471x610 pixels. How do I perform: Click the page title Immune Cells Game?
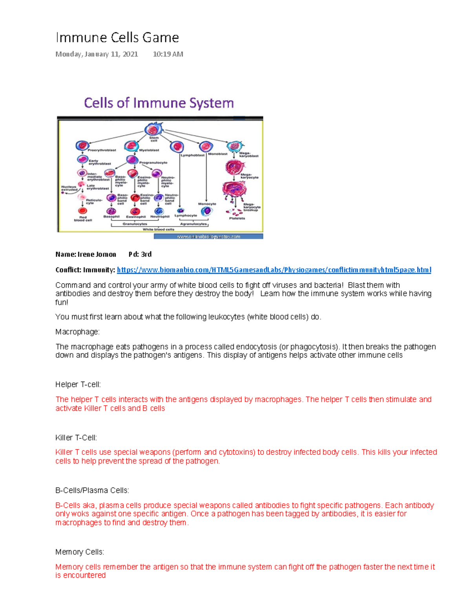(117, 38)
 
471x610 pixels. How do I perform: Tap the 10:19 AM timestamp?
(168, 54)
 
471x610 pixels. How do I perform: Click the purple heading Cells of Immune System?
(159, 103)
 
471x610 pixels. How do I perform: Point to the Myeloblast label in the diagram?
(149, 150)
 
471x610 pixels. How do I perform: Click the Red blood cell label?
(83, 218)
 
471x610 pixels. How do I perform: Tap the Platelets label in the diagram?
(237, 218)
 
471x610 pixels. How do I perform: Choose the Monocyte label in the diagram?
(207, 204)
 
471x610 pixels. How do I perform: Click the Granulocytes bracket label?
(135, 224)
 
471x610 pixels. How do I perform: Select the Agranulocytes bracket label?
(193, 224)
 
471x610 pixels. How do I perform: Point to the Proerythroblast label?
(102, 150)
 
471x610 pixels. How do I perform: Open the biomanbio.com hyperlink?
(274, 270)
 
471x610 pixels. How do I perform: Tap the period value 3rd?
(146, 255)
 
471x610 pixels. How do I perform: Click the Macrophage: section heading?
(77, 332)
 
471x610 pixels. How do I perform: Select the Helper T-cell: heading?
(78, 385)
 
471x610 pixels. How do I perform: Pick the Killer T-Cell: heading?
(76, 438)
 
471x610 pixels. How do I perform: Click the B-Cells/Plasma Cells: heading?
(92, 490)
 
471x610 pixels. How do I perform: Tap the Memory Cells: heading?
(79, 552)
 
